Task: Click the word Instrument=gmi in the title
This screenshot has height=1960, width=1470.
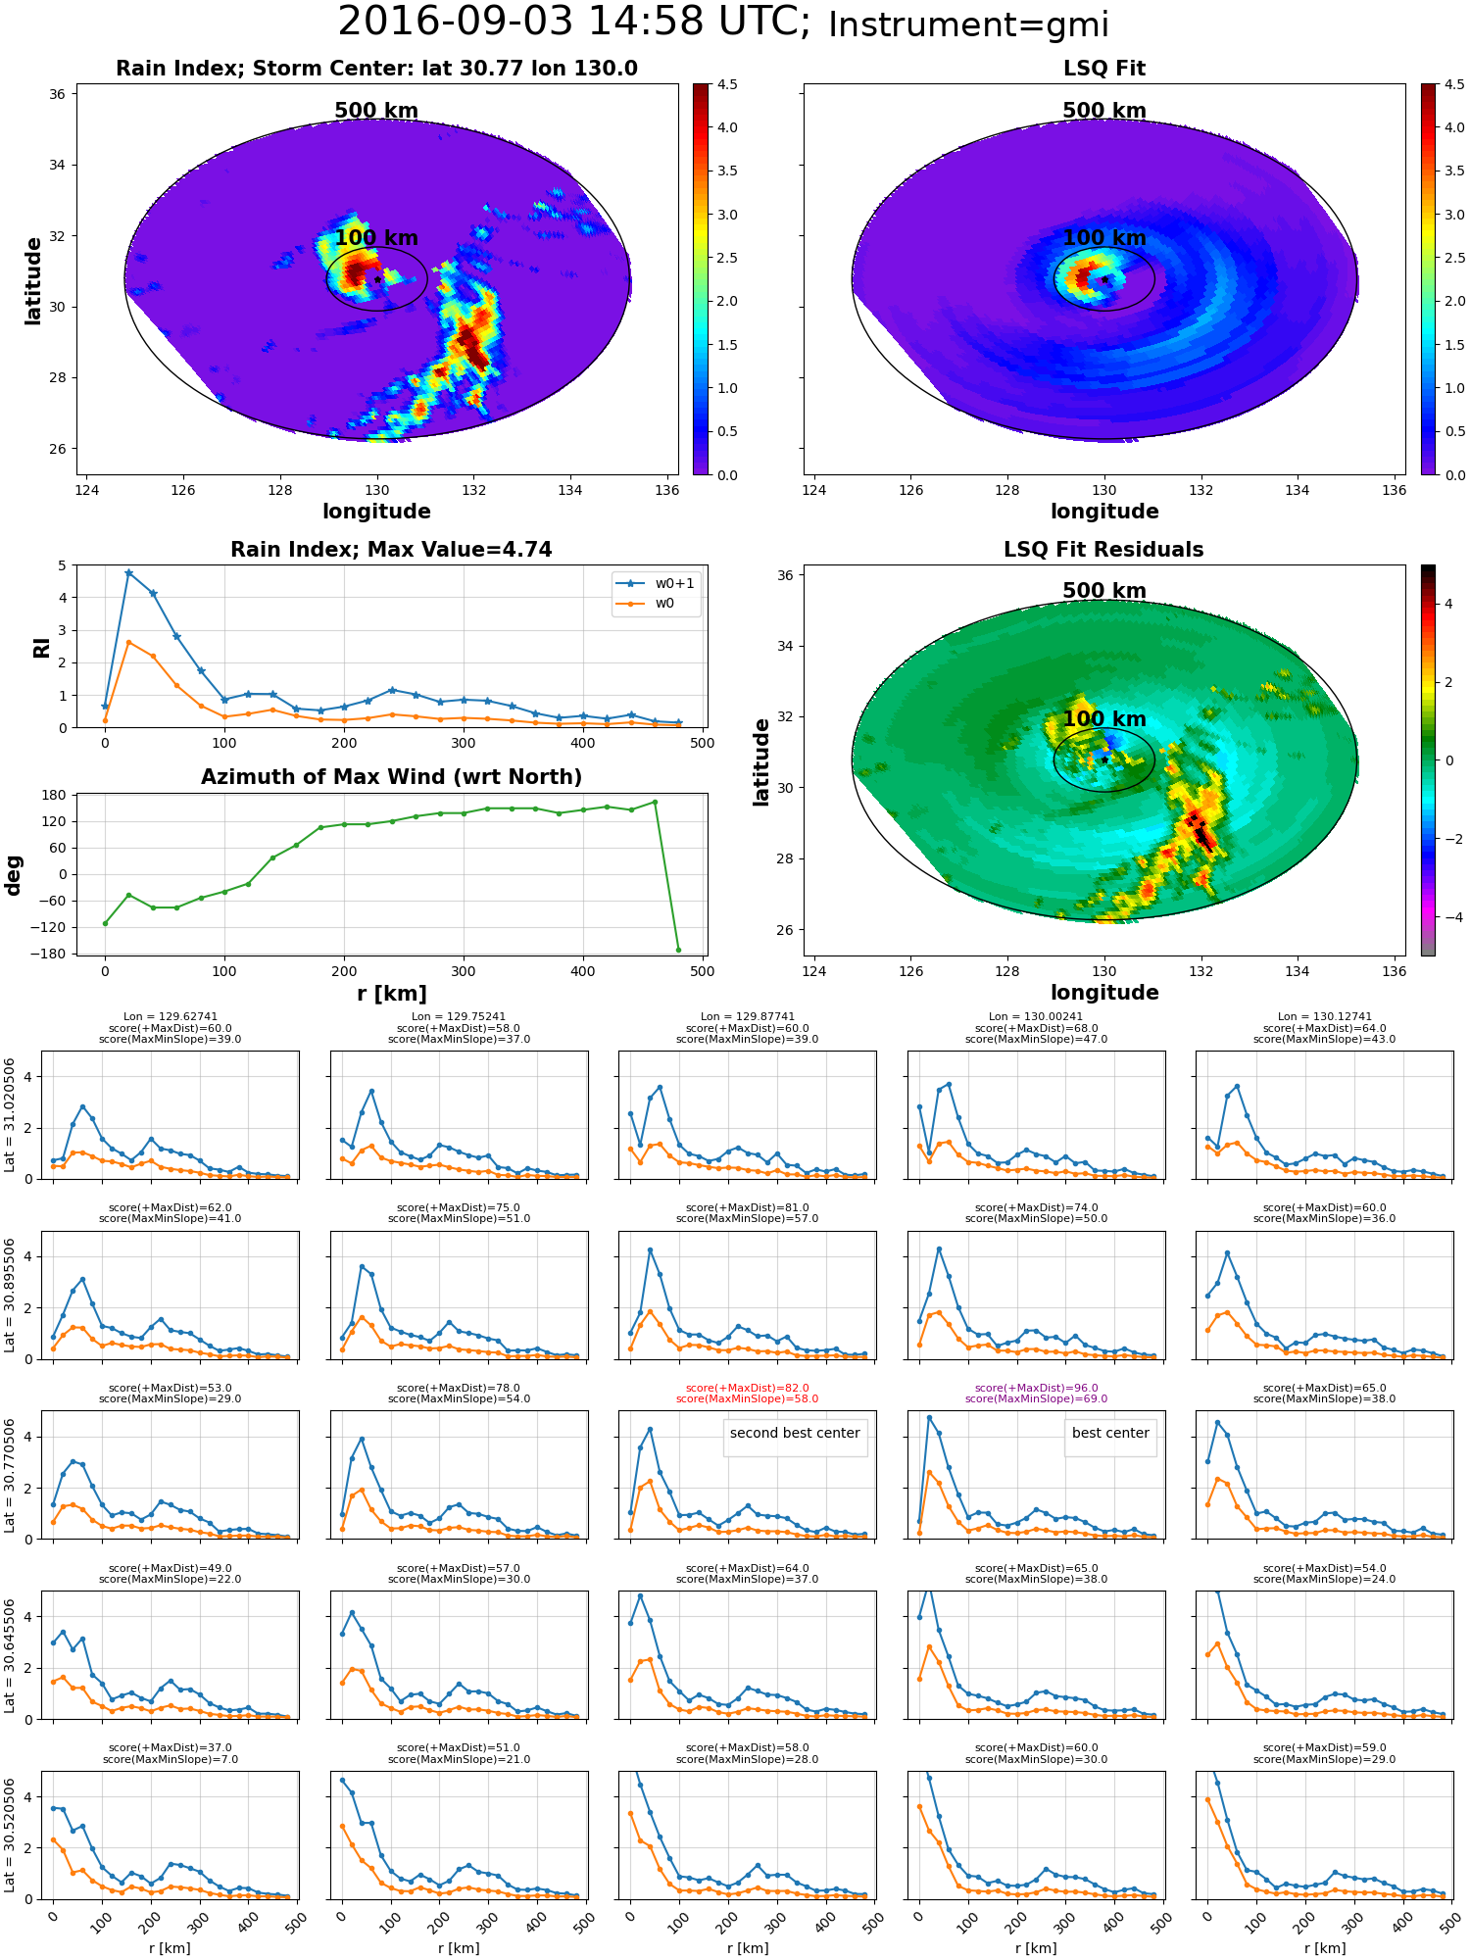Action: [968, 25]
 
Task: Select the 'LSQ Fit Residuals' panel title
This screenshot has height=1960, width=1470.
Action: [1103, 550]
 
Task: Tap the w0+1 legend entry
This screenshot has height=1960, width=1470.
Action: [656, 583]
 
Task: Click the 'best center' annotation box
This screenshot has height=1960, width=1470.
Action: [1110, 1433]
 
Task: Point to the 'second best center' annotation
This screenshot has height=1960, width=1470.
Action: [795, 1433]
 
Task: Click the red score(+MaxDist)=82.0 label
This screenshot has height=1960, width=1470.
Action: [747, 1388]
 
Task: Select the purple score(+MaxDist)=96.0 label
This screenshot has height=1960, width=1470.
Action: [1036, 1388]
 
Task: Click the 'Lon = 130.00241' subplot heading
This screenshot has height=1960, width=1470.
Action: [1036, 1017]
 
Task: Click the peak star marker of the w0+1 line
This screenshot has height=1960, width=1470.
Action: [128, 573]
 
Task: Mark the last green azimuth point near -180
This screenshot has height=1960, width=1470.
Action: [678, 950]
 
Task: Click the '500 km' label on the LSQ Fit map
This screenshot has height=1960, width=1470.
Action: [1104, 111]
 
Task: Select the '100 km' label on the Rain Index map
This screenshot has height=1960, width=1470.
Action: [376, 238]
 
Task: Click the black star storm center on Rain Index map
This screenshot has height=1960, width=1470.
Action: [377, 279]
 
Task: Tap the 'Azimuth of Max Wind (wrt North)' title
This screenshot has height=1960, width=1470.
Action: [391, 777]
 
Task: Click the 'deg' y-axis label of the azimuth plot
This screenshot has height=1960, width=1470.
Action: [14, 875]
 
